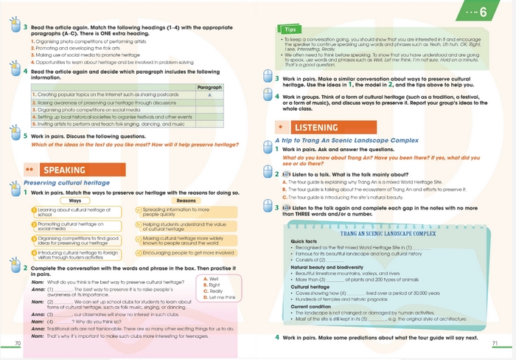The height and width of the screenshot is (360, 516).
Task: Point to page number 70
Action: [x=18, y=344]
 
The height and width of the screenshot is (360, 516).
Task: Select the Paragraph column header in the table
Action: [x=210, y=88]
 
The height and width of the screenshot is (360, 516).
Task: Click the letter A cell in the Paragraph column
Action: [x=210, y=95]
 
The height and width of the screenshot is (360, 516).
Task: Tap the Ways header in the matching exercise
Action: [x=74, y=201]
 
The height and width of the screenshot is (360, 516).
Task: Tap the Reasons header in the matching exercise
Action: [x=186, y=201]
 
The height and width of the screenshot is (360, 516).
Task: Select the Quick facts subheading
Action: [x=304, y=241]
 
